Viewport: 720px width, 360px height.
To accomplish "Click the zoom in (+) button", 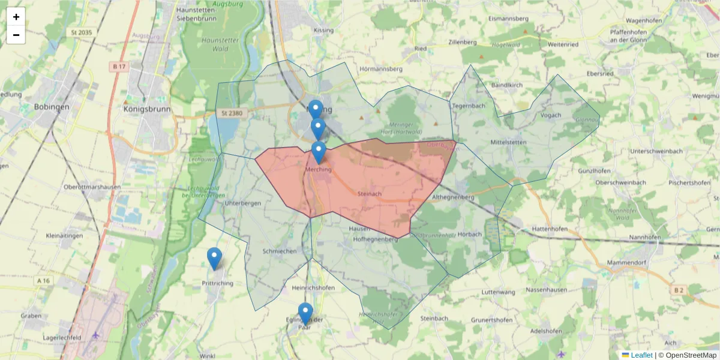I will (x=16, y=17).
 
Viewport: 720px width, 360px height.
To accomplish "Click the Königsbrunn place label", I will (x=147, y=109).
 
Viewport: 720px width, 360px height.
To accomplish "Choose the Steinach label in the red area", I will (x=369, y=194).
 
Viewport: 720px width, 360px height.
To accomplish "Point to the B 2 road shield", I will (x=679, y=290).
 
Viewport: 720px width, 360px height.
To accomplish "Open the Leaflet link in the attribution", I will (x=641, y=355).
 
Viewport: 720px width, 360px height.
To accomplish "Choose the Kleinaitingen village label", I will (x=64, y=236).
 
